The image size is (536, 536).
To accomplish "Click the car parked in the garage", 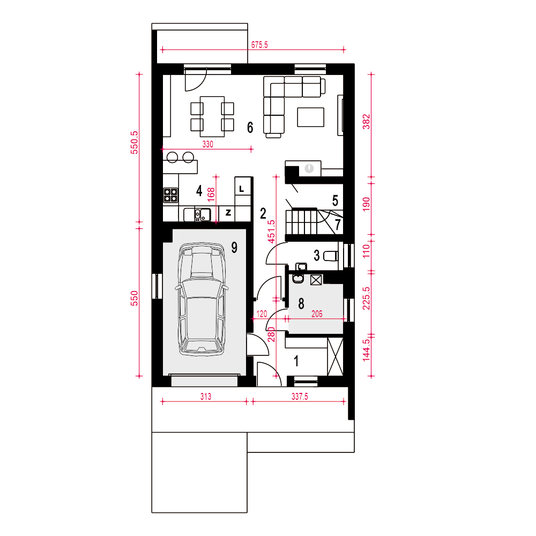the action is tap(202, 300).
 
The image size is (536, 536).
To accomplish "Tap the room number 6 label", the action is tap(250, 128).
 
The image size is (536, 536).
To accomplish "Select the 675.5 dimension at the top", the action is tap(259, 45).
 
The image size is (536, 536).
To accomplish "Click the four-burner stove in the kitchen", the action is tap(170, 196).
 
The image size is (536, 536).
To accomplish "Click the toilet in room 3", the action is tap(331, 256).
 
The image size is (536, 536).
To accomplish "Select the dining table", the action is tap(212, 116).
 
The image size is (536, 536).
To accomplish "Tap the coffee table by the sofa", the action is tap(311, 117).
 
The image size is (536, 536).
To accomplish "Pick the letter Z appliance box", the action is tap(228, 213).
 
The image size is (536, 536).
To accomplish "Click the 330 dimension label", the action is tap(208, 144).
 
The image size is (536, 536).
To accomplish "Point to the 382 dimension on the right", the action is tap(366, 122).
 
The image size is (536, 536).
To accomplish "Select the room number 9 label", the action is tap(234, 247).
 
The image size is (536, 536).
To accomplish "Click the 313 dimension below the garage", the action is tap(206, 397).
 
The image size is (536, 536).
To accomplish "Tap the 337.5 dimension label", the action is tap(300, 397).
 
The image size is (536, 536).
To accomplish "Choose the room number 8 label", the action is tap(301, 303).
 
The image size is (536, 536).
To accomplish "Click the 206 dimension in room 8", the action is tap(317, 314).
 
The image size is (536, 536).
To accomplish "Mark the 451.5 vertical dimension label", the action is tap(271, 232).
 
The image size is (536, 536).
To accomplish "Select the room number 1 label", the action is tap(296, 361).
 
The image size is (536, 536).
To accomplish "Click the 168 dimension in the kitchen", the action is tap(211, 194).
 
